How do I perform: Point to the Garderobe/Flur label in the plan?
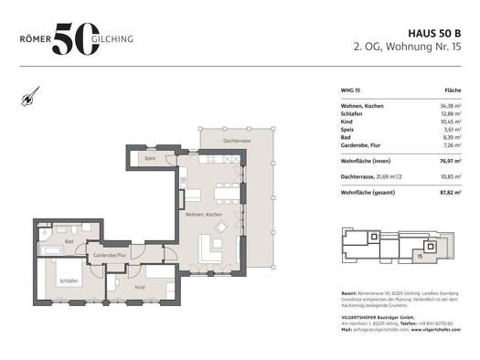click(111, 256)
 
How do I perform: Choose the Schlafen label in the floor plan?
click(69, 281)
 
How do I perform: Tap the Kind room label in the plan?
click(140, 287)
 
